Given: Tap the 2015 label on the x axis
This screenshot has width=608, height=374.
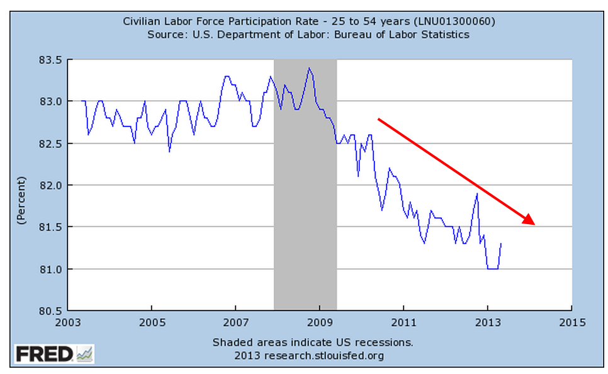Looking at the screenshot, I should tap(571, 322).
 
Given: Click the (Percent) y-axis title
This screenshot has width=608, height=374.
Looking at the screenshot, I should tap(21, 201).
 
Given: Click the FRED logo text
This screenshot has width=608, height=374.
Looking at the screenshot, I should tap(44, 354).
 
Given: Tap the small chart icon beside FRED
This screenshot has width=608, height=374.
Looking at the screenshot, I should tap(84, 354).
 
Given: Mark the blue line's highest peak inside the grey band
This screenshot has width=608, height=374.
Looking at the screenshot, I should tap(308, 68).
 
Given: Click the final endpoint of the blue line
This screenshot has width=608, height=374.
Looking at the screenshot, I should tap(501, 244).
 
